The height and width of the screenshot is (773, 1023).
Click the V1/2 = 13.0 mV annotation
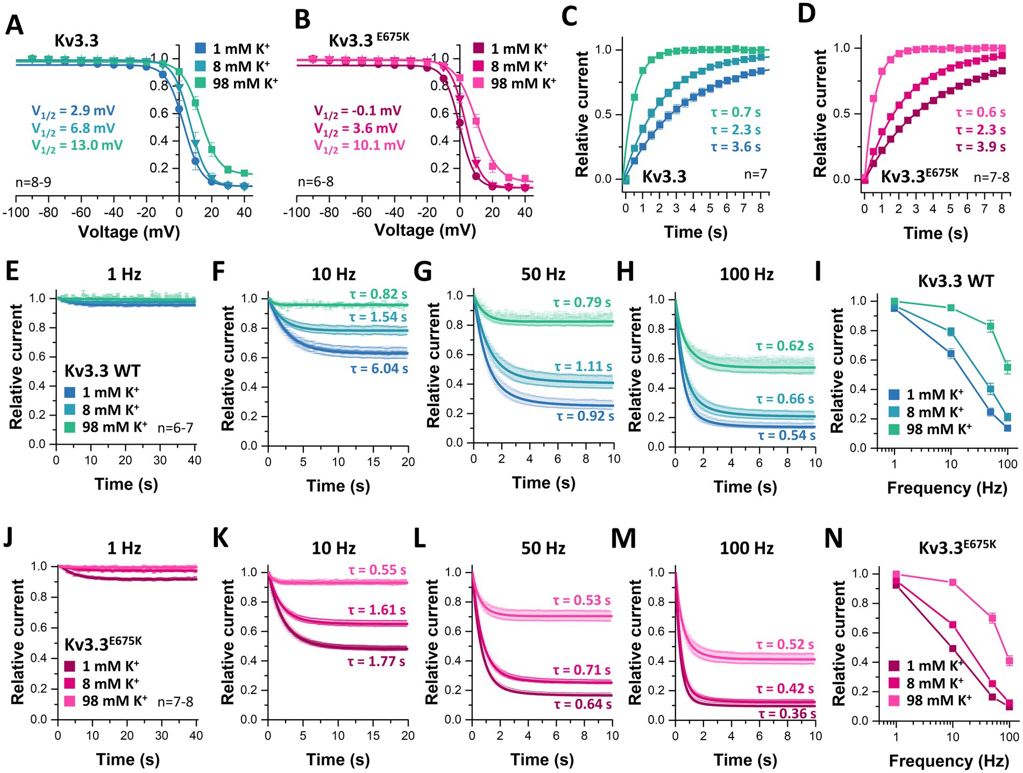pyautogui.click(x=77, y=146)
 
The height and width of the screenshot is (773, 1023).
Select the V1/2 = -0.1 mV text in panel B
pyautogui.click(x=358, y=112)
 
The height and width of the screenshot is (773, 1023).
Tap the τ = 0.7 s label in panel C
pyautogui.click(x=735, y=112)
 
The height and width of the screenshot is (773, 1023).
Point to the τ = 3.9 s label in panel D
pyautogui.click(x=981, y=147)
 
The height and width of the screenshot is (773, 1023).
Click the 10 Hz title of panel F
pyautogui.click(x=333, y=275)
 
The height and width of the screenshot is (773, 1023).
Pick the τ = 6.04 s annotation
pyautogui.click(x=379, y=369)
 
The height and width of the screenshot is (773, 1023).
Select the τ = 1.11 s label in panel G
pyautogui.click(x=583, y=367)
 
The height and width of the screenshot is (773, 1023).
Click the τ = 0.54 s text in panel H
pyautogui.click(x=786, y=435)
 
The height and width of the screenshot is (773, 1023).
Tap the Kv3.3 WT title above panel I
pyautogui.click(x=956, y=281)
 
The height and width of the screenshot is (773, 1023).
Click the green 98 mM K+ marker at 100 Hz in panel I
pyautogui.click(x=1007, y=368)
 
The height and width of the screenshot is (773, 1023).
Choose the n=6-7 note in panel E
pyautogui.click(x=175, y=428)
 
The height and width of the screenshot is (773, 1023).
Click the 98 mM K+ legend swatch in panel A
pyautogui.click(x=201, y=83)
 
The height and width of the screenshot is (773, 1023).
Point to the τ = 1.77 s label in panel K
pyautogui.click(x=376, y=662)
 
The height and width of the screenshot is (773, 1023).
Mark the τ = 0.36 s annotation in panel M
pyautogui.click(x=787, y=714)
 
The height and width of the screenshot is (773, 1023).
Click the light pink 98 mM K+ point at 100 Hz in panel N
pyautogui.click(x=1010, y=661)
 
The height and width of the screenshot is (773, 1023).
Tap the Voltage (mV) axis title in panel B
pyautogui.click(x=425, y=231)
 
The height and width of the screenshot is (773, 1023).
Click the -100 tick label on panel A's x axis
pyautogui.click(x=16, y=212)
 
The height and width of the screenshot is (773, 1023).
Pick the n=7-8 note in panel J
pyautogui.click(x=175, y=702)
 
